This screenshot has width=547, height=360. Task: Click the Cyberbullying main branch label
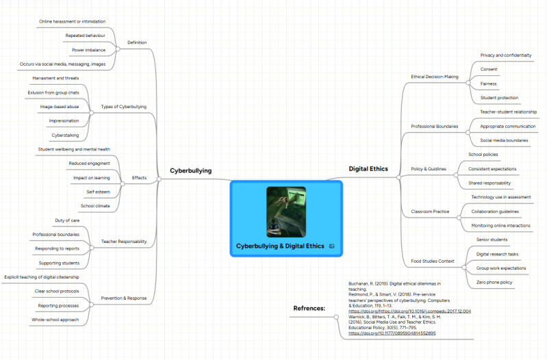click(191, 170)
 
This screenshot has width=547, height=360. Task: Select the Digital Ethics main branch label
click(368, 169)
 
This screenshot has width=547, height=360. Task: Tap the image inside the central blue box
click(286, 212)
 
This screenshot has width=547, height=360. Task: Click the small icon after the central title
click(332, 246)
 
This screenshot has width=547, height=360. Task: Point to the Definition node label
click(137, 42)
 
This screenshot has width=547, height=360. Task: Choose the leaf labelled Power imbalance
click(88, 50)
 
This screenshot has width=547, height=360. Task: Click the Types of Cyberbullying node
click(124, 107)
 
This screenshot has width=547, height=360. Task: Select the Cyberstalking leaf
click(65, 136)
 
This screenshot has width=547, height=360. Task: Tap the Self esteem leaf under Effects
click(99, 192)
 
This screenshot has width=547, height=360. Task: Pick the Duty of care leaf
click(67, 220)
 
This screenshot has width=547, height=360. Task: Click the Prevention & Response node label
click(124, 298)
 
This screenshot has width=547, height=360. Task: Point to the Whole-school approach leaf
click(55, 320)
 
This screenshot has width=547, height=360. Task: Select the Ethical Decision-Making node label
click(435, 77)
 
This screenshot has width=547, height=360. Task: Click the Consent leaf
click(489, 69)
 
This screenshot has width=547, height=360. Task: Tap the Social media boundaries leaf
click(504, 140)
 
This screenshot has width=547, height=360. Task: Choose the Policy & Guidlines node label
click(429, 169)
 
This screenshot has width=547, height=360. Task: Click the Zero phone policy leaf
click(494, 282)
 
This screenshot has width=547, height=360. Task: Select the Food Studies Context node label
click(433, 261)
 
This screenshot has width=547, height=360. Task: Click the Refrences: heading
click(309, 309)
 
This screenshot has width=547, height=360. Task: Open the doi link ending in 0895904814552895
click(392, 333)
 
